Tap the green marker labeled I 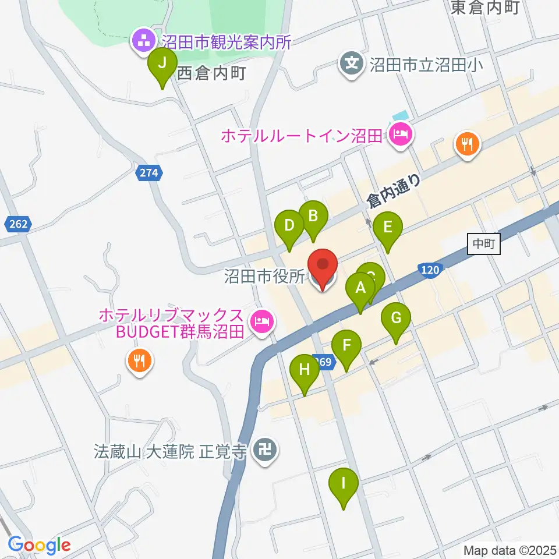pos(344,483)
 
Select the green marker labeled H pos(305,369)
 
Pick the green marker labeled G pos(396,319)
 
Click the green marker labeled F pos(347,345)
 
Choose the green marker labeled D pos(289,225)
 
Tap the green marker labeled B pos(313,217)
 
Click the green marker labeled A pos(360,288)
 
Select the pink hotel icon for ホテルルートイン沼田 pos(401,136)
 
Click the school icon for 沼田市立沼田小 pos(352,62)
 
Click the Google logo pos(39,545)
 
